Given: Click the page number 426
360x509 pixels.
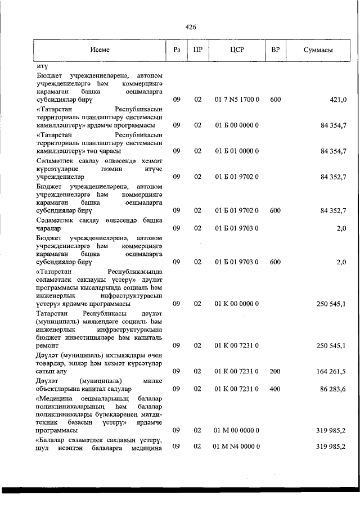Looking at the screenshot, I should tap(190, 26).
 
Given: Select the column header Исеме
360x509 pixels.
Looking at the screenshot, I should tap(100, 50).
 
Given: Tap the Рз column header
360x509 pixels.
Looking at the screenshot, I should tap(176, 50).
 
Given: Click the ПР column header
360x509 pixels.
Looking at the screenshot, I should tap(197, 50).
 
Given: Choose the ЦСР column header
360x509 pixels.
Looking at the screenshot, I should tap(236, 50).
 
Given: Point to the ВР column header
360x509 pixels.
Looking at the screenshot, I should tap(275, 50).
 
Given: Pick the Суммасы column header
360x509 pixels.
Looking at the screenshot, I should tap(318, 50).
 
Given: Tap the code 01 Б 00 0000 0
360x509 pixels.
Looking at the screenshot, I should tap(236, 125).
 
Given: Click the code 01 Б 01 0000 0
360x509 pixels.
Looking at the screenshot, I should tap(236, 151).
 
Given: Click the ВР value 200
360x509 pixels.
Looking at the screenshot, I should tap(275, 371).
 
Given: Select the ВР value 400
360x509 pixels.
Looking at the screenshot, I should tap(275, 389).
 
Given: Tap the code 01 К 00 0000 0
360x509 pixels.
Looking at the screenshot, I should tap(236, 304).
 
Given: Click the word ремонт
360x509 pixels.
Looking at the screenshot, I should tap(49, 345).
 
